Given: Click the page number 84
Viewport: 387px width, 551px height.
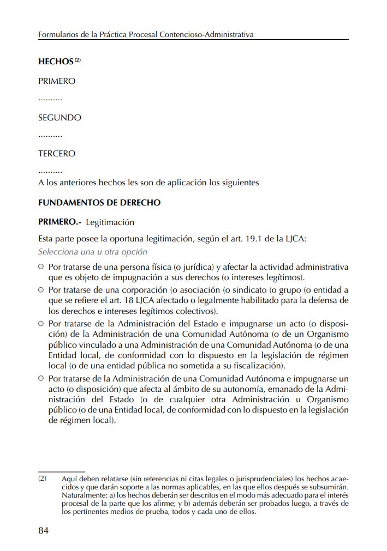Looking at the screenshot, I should (x=44, y=531).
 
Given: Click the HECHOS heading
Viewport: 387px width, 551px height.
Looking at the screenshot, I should (x=56, y=62).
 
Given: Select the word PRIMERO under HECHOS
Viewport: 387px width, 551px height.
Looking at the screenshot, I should (x=57, y=81).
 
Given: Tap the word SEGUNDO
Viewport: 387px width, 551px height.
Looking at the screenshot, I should (x=59, y=118).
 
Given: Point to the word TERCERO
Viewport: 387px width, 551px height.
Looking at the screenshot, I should (x=57, y=154).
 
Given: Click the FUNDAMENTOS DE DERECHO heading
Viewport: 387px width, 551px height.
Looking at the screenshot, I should (x=99, y=203).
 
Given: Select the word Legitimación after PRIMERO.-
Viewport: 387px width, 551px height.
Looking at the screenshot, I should (x=110, y=222).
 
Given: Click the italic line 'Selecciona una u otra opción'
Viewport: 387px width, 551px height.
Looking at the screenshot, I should (x=93, y=252).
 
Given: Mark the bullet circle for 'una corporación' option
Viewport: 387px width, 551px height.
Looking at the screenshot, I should (x=41, y=290).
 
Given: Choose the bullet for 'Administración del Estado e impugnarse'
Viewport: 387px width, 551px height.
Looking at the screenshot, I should (x=41, y=323).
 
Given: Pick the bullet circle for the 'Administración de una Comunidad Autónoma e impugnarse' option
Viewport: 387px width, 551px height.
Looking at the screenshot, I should (x=41, y=378).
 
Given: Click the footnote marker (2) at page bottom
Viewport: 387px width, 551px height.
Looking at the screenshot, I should (x=43, y=479).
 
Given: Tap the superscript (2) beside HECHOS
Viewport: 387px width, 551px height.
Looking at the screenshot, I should (x=78, y=60).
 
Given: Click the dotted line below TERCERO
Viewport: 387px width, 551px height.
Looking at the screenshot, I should (x=50, y=172).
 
